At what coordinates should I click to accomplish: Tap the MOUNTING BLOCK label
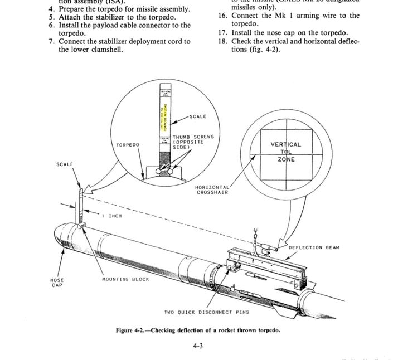(x=125, y=279)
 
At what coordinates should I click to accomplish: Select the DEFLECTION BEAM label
(x=313, y=247)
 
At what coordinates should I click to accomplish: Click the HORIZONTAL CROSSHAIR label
(x=211, y=189)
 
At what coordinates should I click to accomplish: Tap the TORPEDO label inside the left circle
(x=128, y=144)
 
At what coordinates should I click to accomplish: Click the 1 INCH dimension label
(x=112, y=216)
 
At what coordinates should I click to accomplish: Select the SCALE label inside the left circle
(x=198, y=116)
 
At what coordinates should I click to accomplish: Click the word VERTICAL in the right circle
(x=285, y=144)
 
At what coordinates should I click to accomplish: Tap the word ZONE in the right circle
(x=286, y=159)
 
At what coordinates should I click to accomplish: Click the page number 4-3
(x=198, y=346)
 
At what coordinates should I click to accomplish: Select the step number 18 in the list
(x=223, y=41)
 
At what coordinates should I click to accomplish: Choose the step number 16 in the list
(x=223, y=16)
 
